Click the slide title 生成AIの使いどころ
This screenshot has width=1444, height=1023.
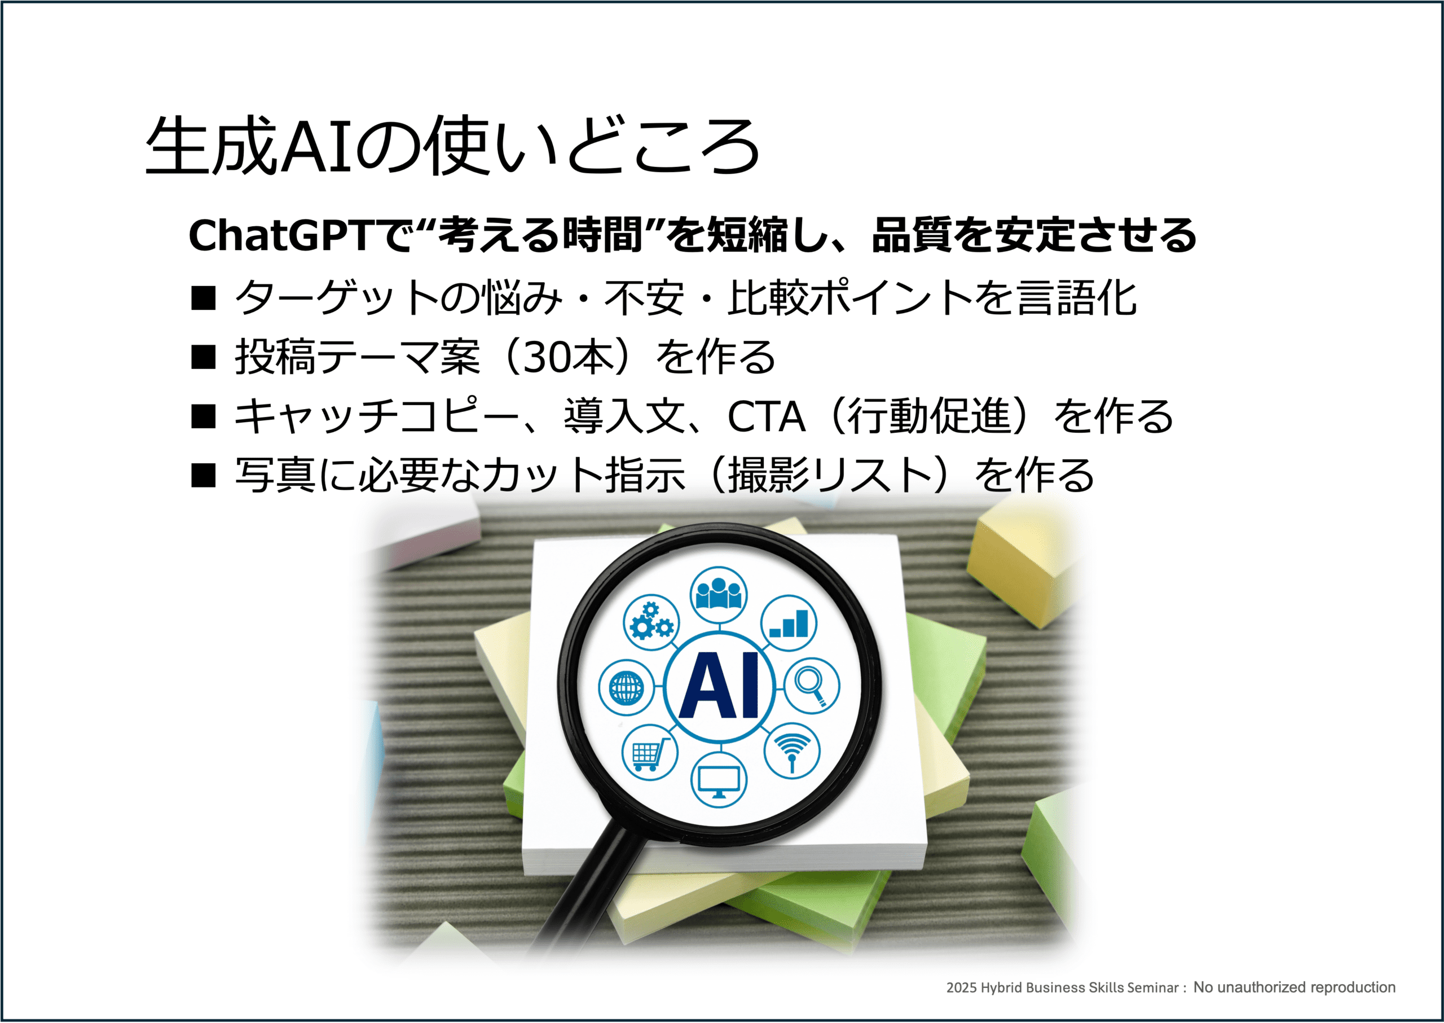coord(452,146)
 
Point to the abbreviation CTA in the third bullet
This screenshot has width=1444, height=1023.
coord(766,416)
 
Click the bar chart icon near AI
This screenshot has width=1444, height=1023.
coord(789,623)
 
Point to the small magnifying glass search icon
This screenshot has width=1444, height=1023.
coord(811,686)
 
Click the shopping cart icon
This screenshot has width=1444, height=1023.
coord(650,752)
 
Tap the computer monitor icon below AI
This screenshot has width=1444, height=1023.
coord(719,780)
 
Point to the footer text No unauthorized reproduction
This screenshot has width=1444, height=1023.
coord(1294,987)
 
